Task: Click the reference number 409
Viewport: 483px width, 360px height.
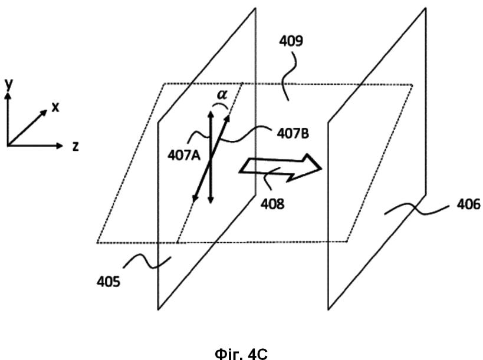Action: (x=291, y=41)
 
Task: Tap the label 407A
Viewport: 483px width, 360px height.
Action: (x=184, y=156)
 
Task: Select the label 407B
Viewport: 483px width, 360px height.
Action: (x=293, y=134)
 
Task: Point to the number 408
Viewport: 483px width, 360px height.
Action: (x=272, y=204)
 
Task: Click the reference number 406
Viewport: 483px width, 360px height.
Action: (x=468, y=204)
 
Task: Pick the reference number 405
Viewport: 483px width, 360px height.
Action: (x=109, y=281)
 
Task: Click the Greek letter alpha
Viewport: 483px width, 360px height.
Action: (x=222, y=94)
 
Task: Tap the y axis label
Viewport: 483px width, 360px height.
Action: (x=9, y=84)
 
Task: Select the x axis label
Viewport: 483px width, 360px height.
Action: (x=55, y=107)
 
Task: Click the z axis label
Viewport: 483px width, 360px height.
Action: (x=75, y=146)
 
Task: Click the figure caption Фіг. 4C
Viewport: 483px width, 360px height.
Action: (x=241, y=354)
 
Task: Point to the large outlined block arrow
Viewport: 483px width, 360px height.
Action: (x=280, y=168)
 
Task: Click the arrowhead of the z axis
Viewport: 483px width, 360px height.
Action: (x=60, y=146)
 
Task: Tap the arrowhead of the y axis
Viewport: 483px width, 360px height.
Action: (x=8, y=95)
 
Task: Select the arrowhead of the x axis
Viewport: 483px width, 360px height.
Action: (x=44, y=113)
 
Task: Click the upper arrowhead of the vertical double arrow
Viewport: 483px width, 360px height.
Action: (x=211, y=114)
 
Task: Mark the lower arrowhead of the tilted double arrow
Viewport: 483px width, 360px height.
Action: (x=195, y=199)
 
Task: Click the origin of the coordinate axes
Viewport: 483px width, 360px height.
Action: (x=8, y=145)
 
